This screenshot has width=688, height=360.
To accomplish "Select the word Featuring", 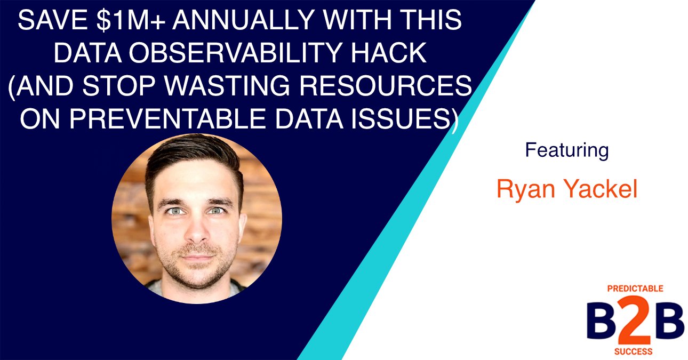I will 566,150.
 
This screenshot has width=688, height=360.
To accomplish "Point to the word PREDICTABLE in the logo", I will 635,289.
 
